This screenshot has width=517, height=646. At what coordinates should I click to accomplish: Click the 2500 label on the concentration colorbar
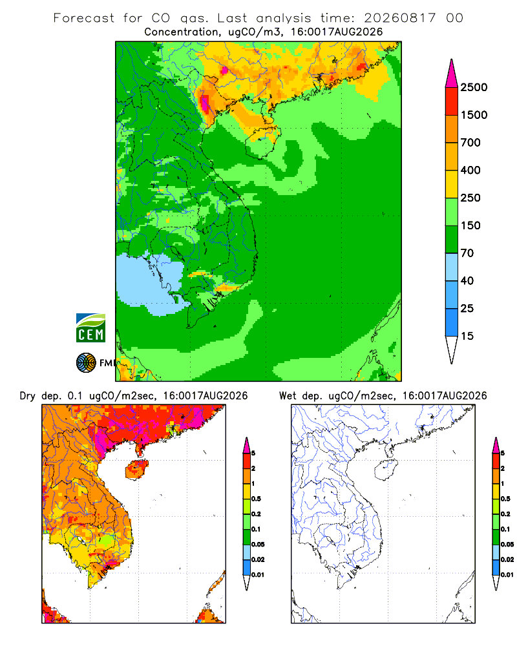pyautogui.click(x=474, y=87)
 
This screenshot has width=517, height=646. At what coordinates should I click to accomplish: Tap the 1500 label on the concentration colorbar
pyautogui.click(x=474, y=115)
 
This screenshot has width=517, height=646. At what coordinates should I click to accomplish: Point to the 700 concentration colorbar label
pyautogui.click(x=470, y=143)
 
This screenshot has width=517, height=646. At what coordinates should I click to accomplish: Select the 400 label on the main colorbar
pyautogui.click(x=470, y=170)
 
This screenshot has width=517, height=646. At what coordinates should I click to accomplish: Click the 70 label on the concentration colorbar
pyautogui.click(x=467, y=253)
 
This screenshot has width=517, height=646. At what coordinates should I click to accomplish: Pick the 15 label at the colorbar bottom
pyautogui.click(x=467, y=336)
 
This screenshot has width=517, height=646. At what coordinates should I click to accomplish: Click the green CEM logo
pyautogui.click(x=90, y=328)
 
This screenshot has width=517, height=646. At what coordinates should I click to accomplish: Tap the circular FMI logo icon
pyautogui.click(x=86, y=363)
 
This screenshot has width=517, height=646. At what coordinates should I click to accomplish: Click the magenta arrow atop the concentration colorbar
pyautogui.click(x=452, y=74)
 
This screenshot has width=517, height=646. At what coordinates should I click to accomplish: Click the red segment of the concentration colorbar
pyautogui.click(x=452, y=101)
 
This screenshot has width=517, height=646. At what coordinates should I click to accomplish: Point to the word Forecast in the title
pyautogui.click(x=84, y=18)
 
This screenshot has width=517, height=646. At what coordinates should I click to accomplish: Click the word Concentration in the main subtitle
pyautogui.click(x=182, y=32)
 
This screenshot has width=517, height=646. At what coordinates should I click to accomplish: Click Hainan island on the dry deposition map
pyautogui.click(x=136, y=470)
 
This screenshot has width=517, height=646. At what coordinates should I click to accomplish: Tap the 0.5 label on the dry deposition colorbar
pyautogui.click(x=256, y=499)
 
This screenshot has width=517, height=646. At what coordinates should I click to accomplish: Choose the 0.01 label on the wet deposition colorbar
pyautogui.click(x=507, y=575)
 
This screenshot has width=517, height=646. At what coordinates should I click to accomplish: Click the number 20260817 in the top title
pyautogui.click(x=399, y=18)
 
